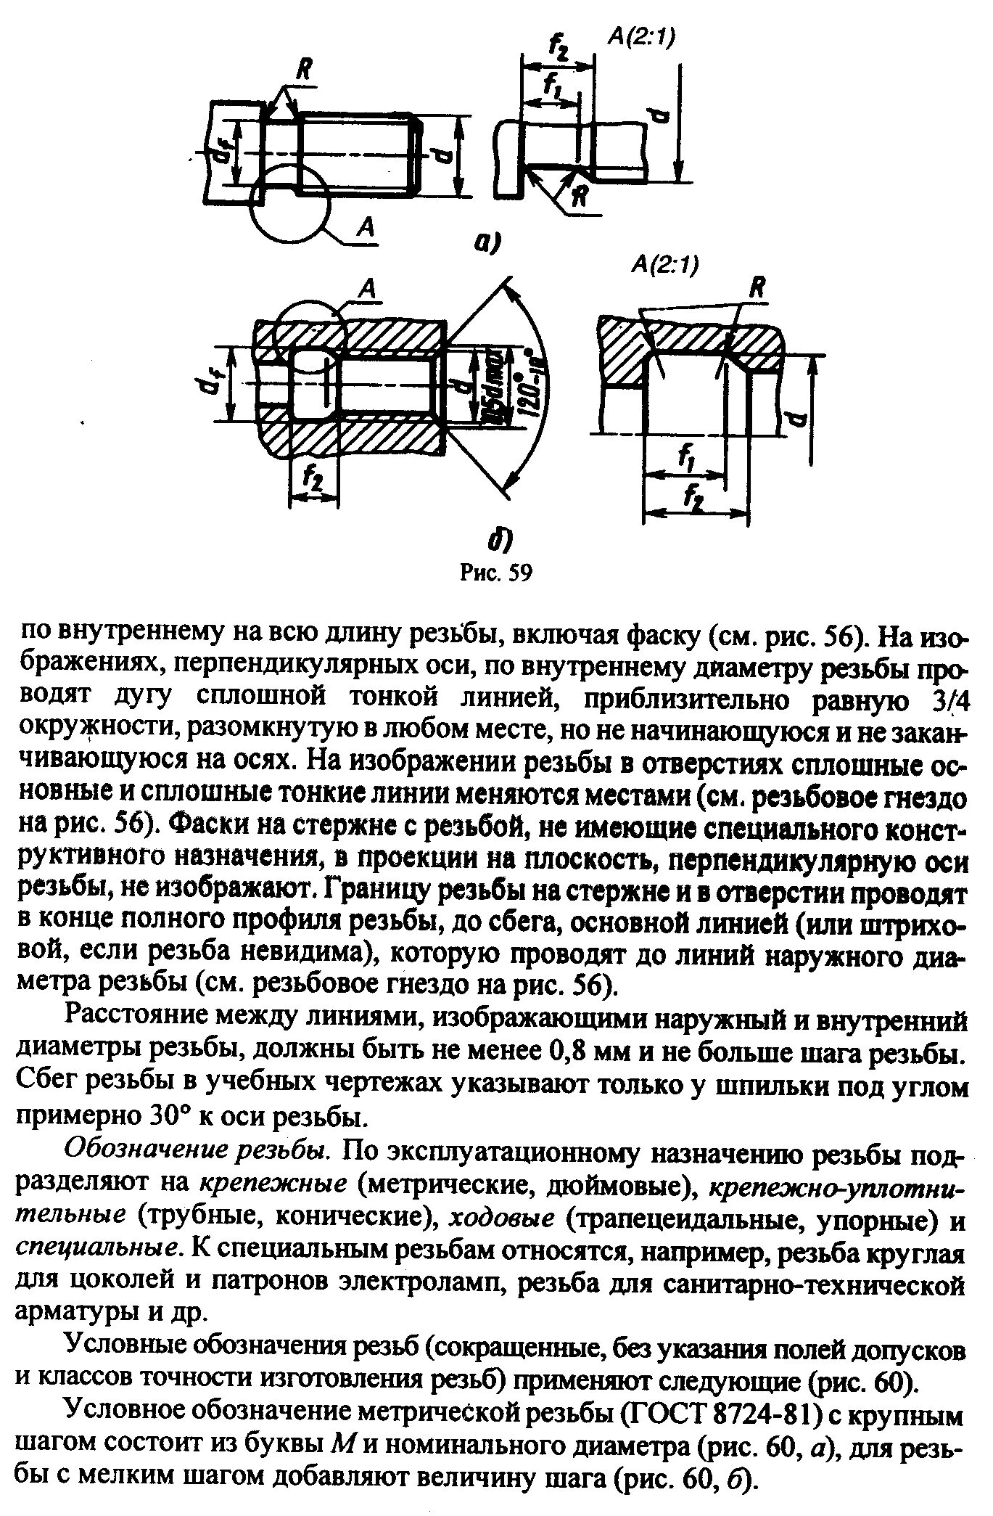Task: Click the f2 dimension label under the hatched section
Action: [313, 479]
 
